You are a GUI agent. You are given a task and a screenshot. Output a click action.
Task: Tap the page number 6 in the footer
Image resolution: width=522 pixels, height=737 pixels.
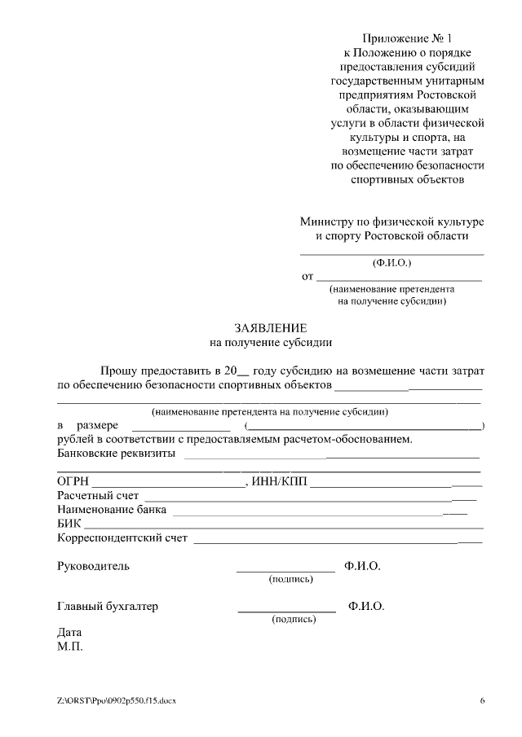(x=482, y=701)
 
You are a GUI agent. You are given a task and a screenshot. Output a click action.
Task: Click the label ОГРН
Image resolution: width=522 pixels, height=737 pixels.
(x=73, y=482)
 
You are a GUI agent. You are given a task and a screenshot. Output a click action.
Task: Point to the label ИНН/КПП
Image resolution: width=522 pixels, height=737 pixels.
(x=280, y=482)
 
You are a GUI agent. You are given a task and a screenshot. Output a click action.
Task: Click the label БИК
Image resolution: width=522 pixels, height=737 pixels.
(x=69, y=524)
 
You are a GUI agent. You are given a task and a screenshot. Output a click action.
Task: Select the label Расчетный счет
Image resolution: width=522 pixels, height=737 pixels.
(x=98, y=496)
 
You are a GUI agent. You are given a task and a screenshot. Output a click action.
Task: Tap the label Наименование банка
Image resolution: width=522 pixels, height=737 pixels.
(x=112, y=510)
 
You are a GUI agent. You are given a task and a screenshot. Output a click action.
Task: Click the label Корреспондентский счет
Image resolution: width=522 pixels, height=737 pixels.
(x=122, y=537)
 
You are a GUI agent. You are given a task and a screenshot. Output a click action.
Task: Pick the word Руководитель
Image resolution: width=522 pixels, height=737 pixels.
(x=93, y=566)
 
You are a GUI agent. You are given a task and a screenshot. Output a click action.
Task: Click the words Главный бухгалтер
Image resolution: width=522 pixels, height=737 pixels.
(x=107, y=607)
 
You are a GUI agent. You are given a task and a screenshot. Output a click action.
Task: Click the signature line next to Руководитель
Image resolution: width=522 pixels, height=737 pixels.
(x=285, y=571)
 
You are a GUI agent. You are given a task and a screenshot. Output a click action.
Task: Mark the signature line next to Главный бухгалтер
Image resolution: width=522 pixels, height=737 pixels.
(x=286, y=611)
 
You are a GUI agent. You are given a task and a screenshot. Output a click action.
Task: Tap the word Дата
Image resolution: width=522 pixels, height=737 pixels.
(x=69, y=633)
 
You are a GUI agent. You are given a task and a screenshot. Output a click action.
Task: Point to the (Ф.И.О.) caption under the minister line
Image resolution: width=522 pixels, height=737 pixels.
(x=392, y=264)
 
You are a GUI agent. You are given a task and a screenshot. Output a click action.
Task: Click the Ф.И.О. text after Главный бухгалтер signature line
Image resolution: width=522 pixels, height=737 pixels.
(x=366, y=607)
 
